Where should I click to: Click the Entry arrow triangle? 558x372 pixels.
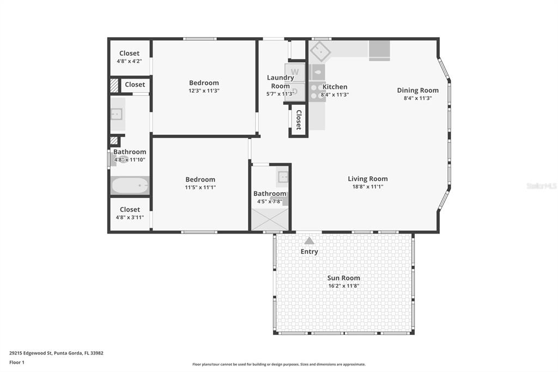[310, 241]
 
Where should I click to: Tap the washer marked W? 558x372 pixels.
[295, 73]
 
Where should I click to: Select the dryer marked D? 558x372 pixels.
[295, 92]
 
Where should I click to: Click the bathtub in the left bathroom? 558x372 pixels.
[130, 185]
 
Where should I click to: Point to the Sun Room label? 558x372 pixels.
[343, 278]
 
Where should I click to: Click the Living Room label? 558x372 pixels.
[368, 179]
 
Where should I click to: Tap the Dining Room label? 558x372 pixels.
[418, 91]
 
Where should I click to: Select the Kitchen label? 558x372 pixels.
[335, 87]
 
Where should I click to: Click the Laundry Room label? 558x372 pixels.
[281, 82]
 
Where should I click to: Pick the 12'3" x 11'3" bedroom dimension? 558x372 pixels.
[204, 91]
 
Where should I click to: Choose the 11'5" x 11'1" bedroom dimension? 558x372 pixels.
[201, 188]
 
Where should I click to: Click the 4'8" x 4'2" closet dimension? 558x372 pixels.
[130, 61]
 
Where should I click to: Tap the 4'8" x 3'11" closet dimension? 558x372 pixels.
[130, 217]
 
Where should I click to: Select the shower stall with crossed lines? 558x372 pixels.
[270, 219]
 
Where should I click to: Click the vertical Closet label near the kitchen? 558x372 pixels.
[299, 119]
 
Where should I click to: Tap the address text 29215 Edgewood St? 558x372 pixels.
[31, 353]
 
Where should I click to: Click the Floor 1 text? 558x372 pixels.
[17, 362]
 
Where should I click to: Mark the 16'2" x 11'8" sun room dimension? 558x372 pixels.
[344, 286]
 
